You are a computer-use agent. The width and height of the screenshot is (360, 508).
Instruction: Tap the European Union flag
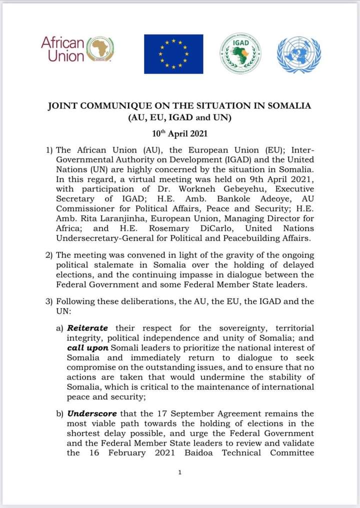coord(173,54)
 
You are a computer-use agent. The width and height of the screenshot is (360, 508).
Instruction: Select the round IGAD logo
coord(241,53)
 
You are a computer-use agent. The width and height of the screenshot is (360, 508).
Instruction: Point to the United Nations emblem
coord(298,54)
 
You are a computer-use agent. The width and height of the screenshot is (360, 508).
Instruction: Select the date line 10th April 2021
coord(179,133)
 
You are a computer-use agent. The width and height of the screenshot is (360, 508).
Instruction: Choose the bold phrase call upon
coord(86,347)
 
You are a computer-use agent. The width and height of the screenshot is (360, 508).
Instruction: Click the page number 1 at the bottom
coord(179,472)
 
